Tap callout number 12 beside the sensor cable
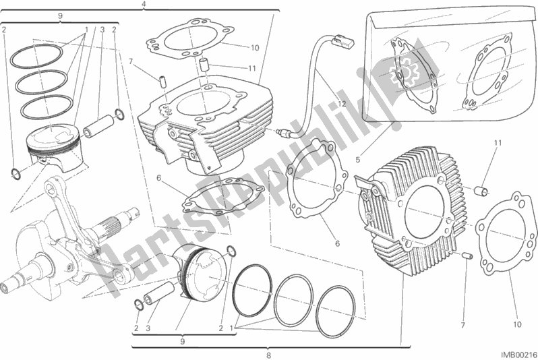click(342, 103)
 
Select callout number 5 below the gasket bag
click(358, 159)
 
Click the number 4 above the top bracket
click(144, 5)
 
